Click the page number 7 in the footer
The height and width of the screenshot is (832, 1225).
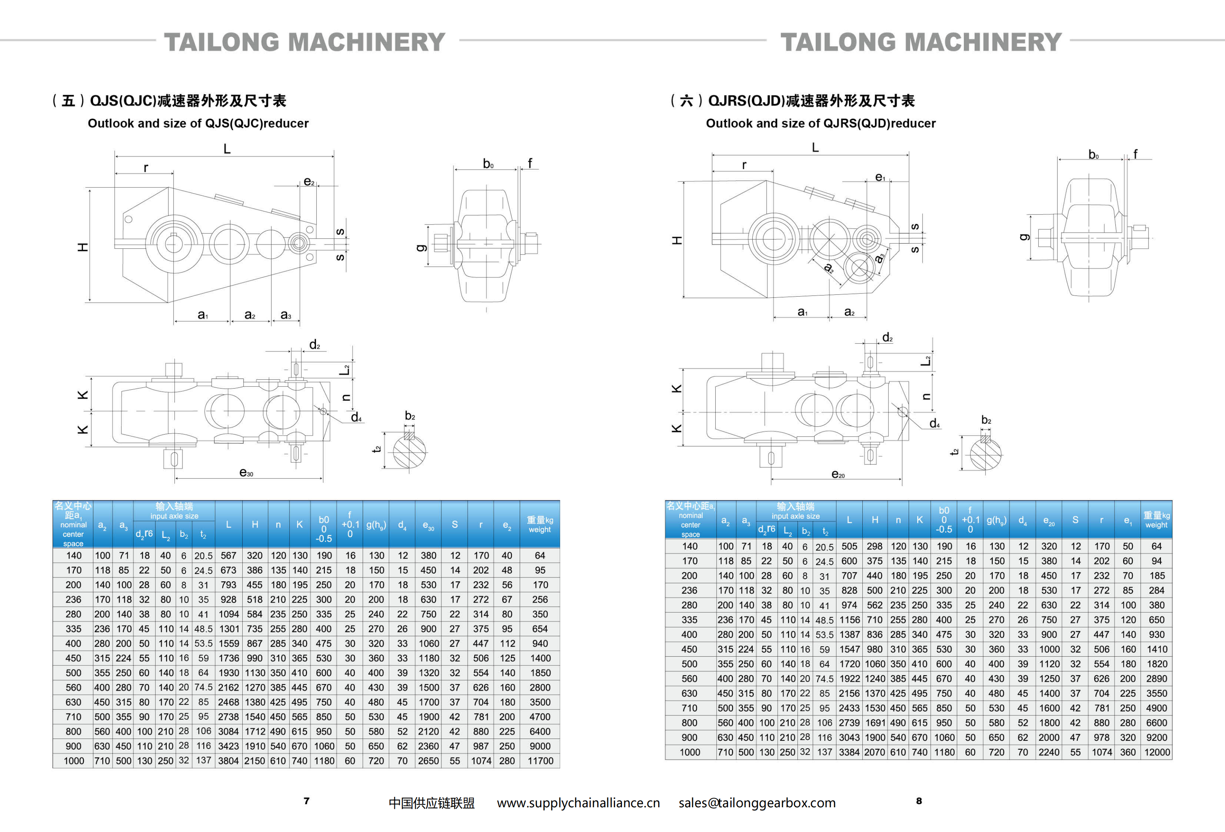[306, 801]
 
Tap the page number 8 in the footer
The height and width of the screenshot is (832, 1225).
[919, 801]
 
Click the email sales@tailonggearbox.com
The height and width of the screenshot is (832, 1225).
[757, 803]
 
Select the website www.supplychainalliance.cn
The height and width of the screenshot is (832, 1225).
[578, 803]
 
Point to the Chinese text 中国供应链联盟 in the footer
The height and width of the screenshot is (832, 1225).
[432, 803]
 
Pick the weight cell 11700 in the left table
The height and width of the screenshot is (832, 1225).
[540, 761]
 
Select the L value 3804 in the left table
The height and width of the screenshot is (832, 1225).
[228, 761]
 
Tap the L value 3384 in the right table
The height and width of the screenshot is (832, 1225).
[849, 752]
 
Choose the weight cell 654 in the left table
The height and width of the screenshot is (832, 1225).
[540, 629]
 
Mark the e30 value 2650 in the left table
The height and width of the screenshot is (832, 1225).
[428, 761]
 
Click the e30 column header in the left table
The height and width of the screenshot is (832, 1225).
[428, 525]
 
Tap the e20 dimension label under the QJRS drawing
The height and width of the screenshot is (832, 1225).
[838, 474]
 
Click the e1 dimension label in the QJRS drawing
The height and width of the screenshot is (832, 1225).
[880, 177]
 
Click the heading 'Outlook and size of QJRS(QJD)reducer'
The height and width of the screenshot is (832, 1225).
[821, 124]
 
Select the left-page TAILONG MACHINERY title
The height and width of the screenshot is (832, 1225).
[305, 42]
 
